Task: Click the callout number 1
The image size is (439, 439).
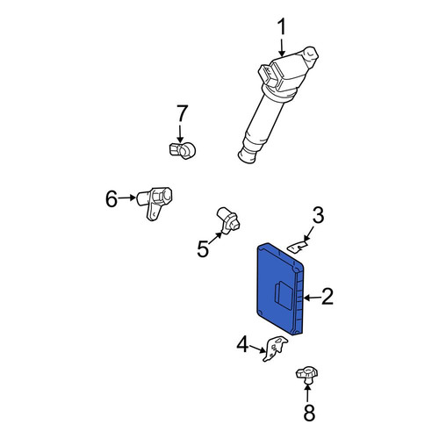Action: [282, 28]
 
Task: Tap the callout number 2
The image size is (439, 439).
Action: [327, 296]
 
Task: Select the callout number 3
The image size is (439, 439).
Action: [318, 215]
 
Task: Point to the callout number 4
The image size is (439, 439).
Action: [242, 344]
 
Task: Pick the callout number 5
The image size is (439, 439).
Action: [203, 248]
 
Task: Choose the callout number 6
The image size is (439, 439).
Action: [112, 198]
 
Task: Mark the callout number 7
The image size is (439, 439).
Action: [182, 113]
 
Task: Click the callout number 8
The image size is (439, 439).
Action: [309, 413]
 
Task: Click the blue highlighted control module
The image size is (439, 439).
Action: [280, 289]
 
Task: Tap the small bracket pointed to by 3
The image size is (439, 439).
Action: [298, 246]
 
